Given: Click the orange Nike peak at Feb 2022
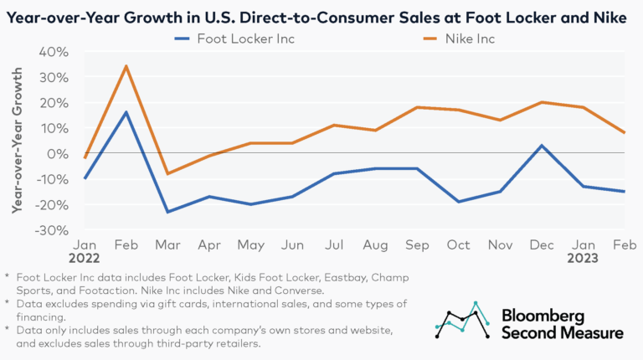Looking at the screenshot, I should pos(125,66).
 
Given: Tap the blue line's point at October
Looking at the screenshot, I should pos(456,202).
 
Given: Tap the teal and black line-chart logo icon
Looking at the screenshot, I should pos(462,321).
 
